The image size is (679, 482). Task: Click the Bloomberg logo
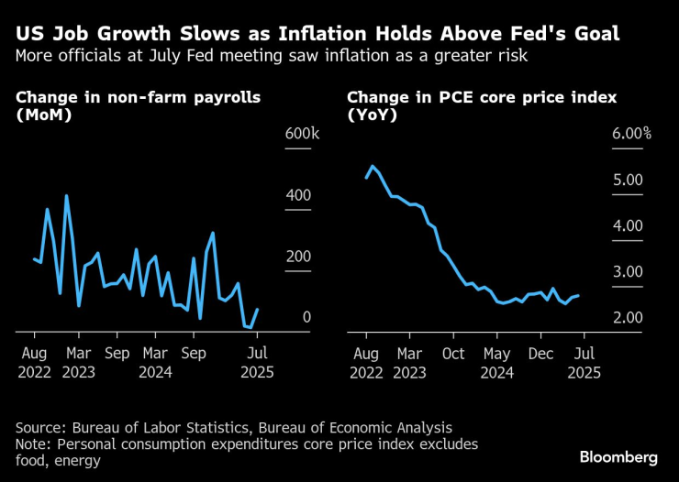click(618, 456)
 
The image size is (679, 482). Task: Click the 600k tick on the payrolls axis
click(302, 134)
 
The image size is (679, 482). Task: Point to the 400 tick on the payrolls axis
click(299, 195)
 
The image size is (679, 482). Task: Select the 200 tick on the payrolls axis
click(299, 256)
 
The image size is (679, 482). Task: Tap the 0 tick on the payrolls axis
click(306, 317)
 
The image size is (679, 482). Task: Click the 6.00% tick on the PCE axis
click(631, 134)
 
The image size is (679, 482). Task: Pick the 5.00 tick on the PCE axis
click(629, 180)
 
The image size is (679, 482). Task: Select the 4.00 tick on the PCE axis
click(629, 225)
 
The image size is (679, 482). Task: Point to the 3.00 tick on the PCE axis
click(629, 271)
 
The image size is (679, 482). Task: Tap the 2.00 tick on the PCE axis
click(629, 317)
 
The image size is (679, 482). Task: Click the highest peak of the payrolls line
click(66, 195)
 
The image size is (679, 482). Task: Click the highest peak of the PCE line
click(372, 166)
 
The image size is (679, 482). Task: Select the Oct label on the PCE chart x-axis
click(452, 352)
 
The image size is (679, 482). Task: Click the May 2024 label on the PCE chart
click(496, 363)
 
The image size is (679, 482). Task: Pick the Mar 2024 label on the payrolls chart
click(155, 363)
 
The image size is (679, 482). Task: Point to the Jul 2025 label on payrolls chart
click(259, 363)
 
